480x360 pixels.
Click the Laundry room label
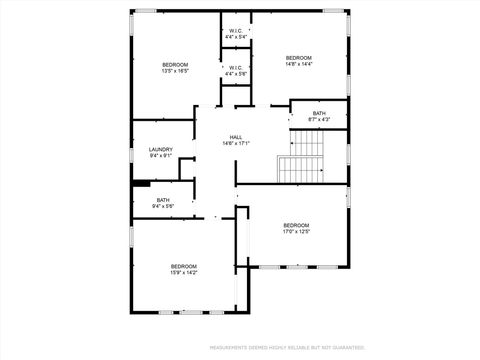161,150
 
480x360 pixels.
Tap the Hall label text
236,137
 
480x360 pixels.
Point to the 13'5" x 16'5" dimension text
175,71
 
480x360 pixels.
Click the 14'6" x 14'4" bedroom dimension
299,64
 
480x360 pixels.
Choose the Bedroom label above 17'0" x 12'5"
296,225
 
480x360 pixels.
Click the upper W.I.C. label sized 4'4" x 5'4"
236,31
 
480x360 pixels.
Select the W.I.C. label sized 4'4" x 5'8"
236,68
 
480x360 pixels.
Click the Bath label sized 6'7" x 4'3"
319,113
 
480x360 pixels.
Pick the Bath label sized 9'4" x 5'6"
162,199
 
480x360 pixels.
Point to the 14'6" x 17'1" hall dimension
236,143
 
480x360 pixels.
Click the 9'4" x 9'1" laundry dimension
161,156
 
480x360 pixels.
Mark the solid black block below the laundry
141,183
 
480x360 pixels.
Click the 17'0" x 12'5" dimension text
296,232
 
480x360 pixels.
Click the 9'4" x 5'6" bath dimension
162,206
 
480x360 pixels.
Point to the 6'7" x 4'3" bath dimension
319,120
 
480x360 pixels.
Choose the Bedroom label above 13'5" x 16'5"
175,64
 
